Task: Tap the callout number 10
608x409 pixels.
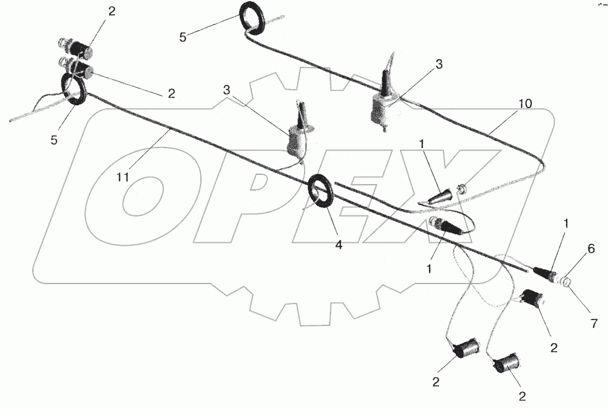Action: (524, 103)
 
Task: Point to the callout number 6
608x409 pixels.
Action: (591, 249)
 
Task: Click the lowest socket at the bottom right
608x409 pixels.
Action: (506, 364)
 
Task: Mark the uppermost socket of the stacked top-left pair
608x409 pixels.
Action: (75, 47)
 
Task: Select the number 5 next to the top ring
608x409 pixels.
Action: (183, 38)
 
